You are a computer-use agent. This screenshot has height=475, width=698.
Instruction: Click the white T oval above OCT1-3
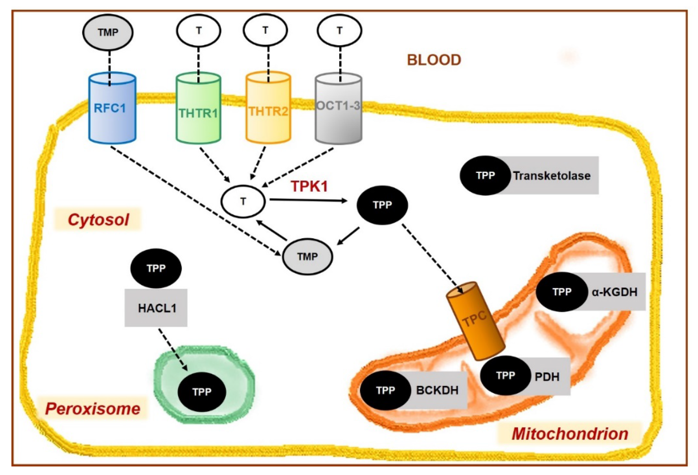pyautogui.click(x=339, y=31)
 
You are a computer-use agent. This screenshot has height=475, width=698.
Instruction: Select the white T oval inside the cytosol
pyautogui.click(x=243, y=201)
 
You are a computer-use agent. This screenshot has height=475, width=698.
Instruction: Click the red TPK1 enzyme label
pyautogui.click(x=309, y=186)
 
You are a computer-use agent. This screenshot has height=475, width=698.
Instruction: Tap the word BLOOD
pyautogui.click(x=434, y=60)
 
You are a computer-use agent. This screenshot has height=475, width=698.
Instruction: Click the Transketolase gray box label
pyautogui.click(x=552, y=176)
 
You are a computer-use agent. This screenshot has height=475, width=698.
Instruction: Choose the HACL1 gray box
pyautogui.click(x=156, y=308)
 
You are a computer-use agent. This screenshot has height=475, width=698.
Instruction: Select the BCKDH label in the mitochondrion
pyautogui.click(x=437, y=390)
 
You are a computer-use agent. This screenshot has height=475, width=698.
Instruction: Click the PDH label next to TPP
pyautogui.click(x=547, y=377)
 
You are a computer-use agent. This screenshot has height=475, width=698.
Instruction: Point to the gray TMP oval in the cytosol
pyautogui.click(x=307, y=257)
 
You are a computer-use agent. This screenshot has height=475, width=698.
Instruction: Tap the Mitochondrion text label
pyautogui.click(x=570, y=434)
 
